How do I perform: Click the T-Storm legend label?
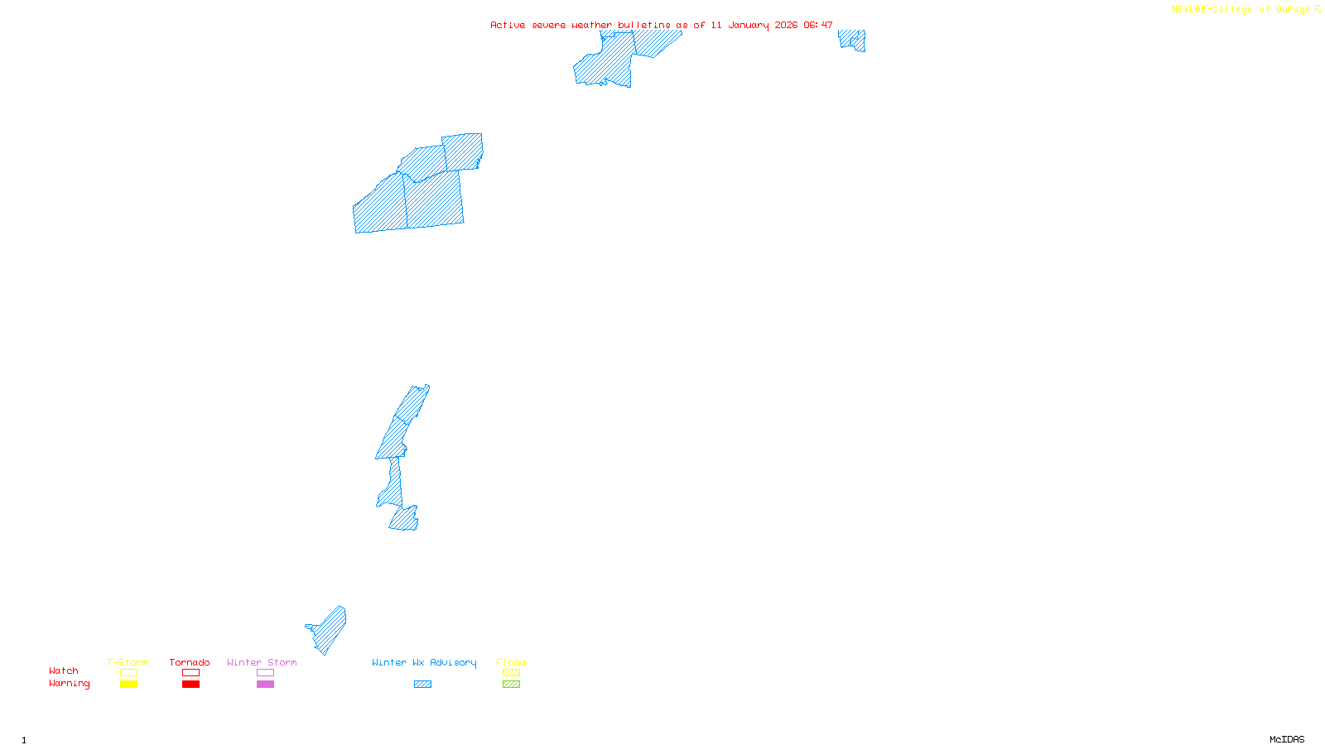[x=128, y=662]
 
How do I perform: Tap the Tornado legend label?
[x=190, y=662]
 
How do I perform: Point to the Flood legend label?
[x=511, y=662]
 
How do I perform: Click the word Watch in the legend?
[x=64, y=670]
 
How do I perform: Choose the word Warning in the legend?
[x=69, y=684]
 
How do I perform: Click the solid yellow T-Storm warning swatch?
[x=128, y=685]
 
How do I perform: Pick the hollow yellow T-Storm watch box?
[x=128, y=673]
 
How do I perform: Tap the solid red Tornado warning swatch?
[x=190, y=685]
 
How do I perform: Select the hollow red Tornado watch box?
[x=190, y=673]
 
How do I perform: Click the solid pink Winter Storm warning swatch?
[x=265, y=685]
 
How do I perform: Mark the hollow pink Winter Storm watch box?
[x=265, y=673]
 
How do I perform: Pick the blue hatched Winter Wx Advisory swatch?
[x=422, y=685]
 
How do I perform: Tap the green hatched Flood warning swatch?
[x=511, y=685]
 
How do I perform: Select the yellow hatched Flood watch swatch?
[x=511, y=673]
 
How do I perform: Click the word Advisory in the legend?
[x=453, y=662]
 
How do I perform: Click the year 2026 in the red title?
[x=786, y=25]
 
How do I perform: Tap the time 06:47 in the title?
[x=818, y=25]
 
